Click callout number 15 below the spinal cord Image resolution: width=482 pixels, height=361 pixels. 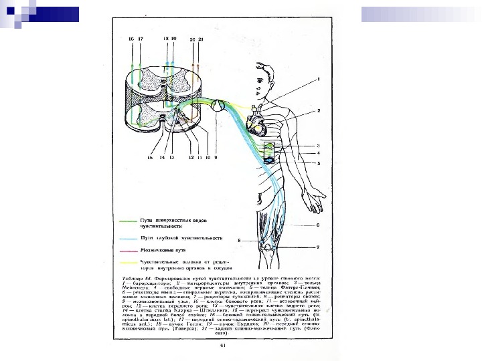coord(150,158)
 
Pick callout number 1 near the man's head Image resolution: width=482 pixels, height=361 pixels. coord(319,80)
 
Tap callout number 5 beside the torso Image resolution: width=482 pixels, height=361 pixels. coord(319,163)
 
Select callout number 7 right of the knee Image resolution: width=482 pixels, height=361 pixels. coord(319,247)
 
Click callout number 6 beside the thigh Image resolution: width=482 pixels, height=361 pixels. coord(319,225)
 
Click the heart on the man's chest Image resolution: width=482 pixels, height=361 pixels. coord(256,123)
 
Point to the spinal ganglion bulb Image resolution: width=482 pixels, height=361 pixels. coord(219,105)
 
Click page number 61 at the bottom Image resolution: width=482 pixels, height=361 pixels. coord(223,346)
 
